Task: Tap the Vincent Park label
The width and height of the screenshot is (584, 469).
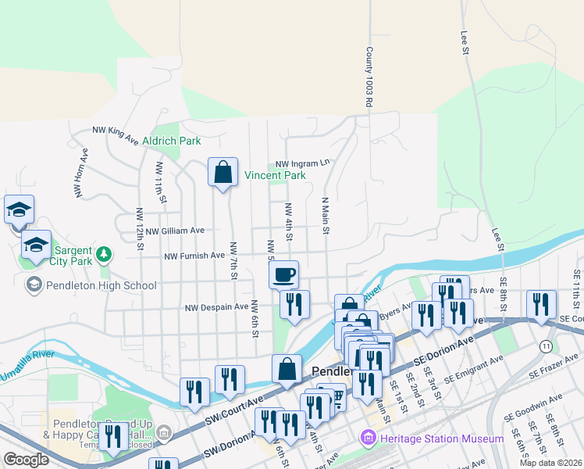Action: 276,176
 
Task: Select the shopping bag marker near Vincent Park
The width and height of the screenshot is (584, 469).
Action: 223,172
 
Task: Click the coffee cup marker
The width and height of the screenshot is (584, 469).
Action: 283,274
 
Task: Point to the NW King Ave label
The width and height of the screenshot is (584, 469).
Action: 116,135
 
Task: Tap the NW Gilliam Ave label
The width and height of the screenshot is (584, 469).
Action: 175,231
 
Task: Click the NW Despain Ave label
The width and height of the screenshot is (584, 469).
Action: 216,308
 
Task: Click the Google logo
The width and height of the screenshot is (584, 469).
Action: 26,460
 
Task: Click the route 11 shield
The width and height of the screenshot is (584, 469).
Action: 545,345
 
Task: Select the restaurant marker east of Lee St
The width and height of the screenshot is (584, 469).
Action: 540,305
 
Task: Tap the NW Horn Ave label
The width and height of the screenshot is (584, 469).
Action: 78,179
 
